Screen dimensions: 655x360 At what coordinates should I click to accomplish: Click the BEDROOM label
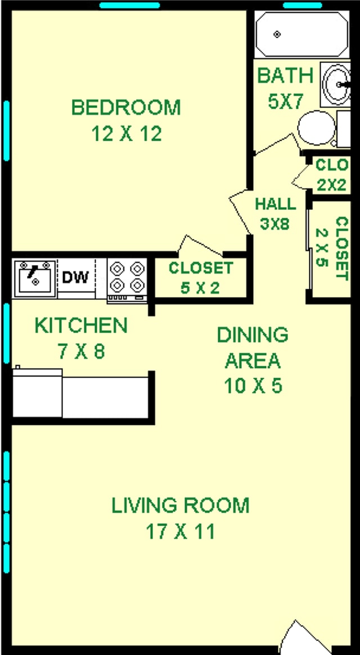(126, 107)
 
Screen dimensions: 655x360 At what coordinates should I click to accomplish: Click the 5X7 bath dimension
(285, 102)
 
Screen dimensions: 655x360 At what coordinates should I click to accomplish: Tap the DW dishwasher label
(75, 277)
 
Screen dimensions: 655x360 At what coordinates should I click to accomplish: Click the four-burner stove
(127, 277)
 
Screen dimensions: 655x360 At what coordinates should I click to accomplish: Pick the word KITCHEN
(81, 325)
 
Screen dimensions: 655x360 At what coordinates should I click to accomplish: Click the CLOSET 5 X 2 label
(200, 277)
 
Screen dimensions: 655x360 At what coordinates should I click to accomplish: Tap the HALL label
(275, 204)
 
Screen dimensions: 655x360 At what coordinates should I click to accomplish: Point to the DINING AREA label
(253, 347)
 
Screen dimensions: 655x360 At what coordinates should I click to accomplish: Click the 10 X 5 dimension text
(253, 386)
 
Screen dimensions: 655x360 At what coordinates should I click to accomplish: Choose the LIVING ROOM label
(180, 505)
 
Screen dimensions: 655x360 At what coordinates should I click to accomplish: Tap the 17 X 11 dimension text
(180, 531)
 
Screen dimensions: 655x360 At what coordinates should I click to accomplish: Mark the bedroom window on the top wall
(129, 6)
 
